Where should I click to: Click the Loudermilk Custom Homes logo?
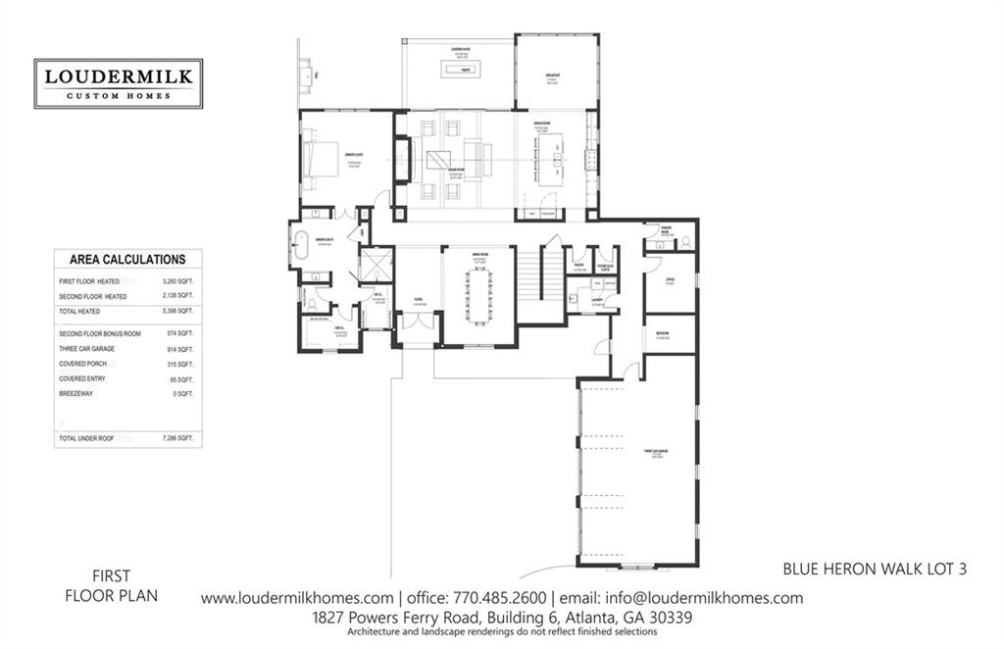(119, 83)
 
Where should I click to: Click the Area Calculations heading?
(127, 260)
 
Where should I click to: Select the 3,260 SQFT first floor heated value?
(177, 282)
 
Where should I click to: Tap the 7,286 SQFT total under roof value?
(176, 437)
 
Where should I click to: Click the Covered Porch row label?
(83, 364)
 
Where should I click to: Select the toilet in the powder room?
(686, 240)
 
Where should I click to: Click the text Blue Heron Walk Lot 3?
(876, 568)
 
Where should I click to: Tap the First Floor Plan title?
(112, 585)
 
